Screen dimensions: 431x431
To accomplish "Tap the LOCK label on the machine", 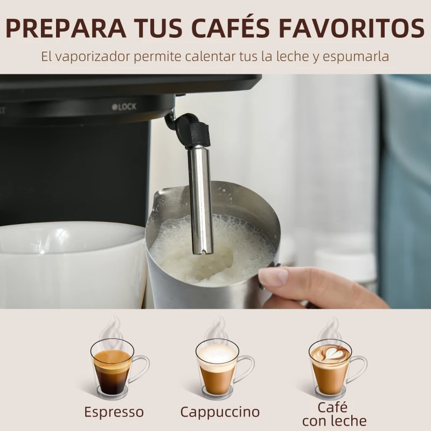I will click(124, 107).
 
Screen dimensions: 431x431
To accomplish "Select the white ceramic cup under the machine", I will click(70, 264).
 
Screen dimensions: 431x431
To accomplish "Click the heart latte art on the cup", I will click(330, 353).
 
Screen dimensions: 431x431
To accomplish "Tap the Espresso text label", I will click(114, 412).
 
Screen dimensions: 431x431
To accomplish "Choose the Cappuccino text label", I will click(220, 412).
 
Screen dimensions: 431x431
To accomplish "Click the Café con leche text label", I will click(334, 413).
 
